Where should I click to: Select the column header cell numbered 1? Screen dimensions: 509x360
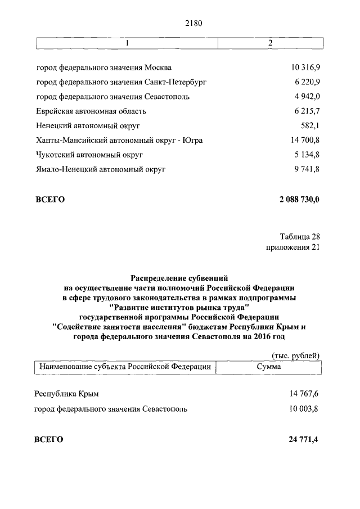(127, 43)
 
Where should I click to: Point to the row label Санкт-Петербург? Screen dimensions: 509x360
(121, 82)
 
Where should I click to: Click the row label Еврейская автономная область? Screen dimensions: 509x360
(91, 111)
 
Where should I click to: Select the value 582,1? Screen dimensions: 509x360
(310, 125)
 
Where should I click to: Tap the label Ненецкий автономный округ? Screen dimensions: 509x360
(87, 125)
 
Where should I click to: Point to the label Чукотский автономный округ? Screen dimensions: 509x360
(89, 154)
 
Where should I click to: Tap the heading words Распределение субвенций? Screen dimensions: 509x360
(179, 277)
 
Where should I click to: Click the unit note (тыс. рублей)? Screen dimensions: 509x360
(295, 355)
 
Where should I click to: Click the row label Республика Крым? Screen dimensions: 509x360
(70, 394)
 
